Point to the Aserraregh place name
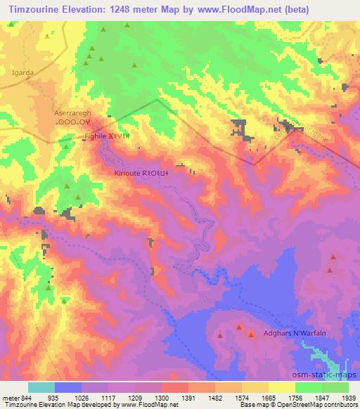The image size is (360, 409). coord(74,112)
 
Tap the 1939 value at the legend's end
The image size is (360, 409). coord(349,398)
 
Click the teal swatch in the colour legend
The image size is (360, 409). coord(41,387)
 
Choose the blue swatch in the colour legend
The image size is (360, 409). coord(67,387)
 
